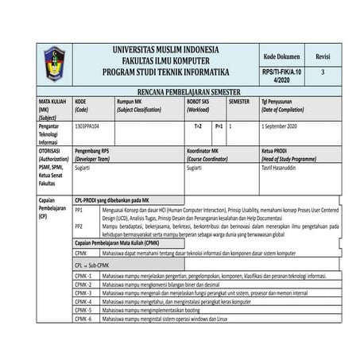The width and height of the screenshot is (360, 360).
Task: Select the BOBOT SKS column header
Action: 198,102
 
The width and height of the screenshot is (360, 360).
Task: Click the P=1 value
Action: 219,126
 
